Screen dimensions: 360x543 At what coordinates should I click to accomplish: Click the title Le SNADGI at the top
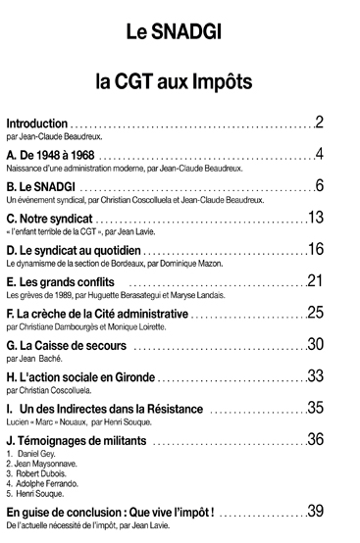point(179,33)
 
